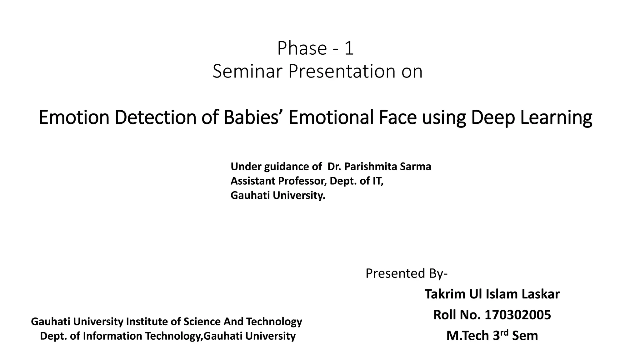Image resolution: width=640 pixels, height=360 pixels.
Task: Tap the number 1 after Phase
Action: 349,48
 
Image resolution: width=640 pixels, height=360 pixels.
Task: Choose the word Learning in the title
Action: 556,117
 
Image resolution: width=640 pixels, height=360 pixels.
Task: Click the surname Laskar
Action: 541,294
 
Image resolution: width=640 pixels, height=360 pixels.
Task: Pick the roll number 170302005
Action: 518,315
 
